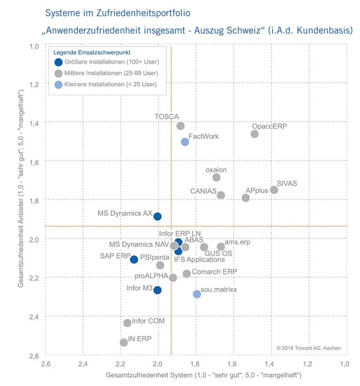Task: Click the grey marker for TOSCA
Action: click(x=180, y=126)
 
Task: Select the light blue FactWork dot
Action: click(x=185, y=142)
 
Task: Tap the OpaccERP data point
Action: click(x=255, y=134)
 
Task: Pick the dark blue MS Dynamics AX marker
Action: click(x=157, y=216)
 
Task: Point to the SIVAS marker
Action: click(x=274, y=190)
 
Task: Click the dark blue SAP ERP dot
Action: click(x=134, y=259)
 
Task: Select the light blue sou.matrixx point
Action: click(x=197, y=294)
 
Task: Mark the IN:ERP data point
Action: click(x=124, y=342)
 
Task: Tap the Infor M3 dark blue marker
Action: click(x=157, y=290)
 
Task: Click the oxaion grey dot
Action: click(x=216, y=177)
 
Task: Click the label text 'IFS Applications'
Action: click(x=199, y=259)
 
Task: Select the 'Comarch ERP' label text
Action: click(x=214, y=272)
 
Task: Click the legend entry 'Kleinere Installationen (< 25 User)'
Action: click(x=110, y=84)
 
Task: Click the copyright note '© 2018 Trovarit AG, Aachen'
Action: click(x=308, y=348)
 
